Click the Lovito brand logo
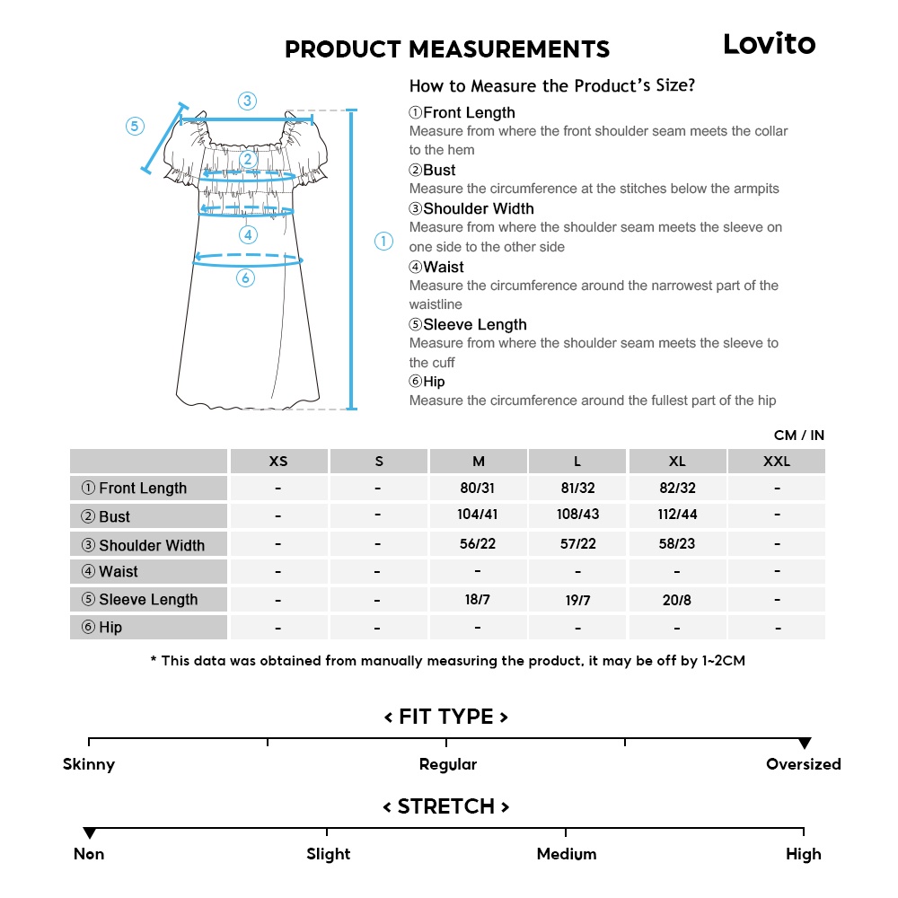(770, 44)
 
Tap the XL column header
(677, 462)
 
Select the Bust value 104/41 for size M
(478, 515)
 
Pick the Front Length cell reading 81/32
(577, 488)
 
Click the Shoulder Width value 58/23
(677, 544)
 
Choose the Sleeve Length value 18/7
(478, 599)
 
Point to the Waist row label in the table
(118, 572)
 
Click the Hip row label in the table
(110, 628)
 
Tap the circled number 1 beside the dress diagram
(383, 241)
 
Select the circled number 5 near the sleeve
(135, 127)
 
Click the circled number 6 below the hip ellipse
(246, 278)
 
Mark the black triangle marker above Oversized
(805, 744)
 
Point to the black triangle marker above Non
(89, 833)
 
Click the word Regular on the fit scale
(448, 765)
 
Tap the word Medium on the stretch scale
(567, 854)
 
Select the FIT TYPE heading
(446, 717)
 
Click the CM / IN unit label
(798, 436)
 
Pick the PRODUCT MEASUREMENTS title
(447, 49)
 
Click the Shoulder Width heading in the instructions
(478, 208)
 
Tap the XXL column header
(777, 462)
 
